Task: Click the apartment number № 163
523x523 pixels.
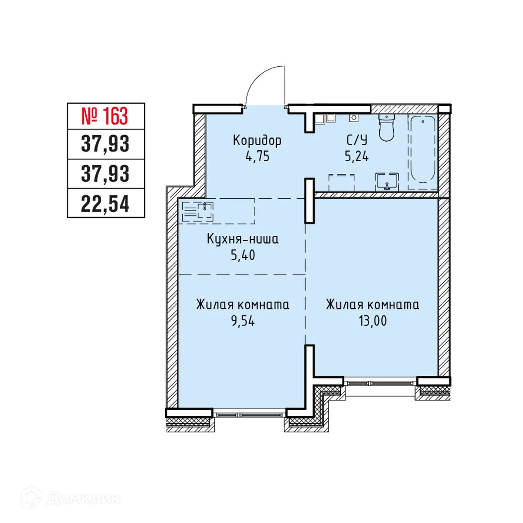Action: coord(105,116)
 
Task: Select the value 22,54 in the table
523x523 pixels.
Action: coord(105,204)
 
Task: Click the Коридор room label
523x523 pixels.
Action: coord(257,140)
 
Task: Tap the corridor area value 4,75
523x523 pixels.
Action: coord(258,156)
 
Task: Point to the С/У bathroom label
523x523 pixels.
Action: coord(357,140)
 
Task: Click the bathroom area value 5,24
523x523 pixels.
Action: coord(357,156)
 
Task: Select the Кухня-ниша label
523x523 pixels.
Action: coord(242,239)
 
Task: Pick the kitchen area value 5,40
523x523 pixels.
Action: coord(243,255)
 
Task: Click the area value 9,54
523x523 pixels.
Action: coord(243,321)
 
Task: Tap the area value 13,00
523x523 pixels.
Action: coord(373,321)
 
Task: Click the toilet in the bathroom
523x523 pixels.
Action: coord(386,127)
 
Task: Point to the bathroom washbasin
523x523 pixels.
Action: coord(387,182)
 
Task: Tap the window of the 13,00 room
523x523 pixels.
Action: coord(380,383)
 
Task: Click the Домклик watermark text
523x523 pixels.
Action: coord(83,498)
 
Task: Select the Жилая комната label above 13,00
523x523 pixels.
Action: coord(373,305)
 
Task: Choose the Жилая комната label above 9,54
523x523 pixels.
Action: coord(243,305)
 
